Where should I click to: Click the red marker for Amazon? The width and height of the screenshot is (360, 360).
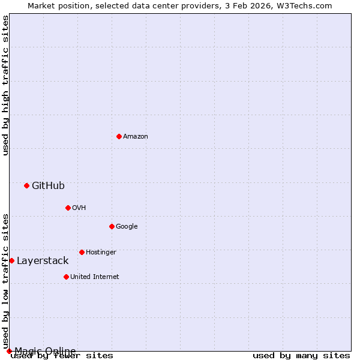coord(119,136)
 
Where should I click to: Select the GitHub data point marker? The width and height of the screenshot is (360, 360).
coord(26,185)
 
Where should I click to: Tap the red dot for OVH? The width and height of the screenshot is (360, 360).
coord(68,208)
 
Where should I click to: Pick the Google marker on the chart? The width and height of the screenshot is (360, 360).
coord(112,226)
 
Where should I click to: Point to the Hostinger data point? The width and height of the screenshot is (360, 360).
coord(82,252)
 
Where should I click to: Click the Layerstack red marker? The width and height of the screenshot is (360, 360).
coord(11,260)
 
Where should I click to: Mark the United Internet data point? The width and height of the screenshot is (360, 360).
coord(66,277)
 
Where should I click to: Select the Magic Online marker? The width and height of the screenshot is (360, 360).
coord(9,351)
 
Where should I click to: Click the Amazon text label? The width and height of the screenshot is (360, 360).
coord(136,136)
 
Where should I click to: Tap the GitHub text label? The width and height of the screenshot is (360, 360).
coord(48,185)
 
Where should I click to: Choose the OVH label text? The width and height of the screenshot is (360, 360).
coord(79,208)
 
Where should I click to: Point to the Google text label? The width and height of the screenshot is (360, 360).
coord(127,226)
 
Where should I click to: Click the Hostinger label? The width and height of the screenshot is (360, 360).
coord(101,252)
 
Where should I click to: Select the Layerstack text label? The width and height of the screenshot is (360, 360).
coord(43,260)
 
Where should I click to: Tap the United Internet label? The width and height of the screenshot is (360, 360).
coord(95,277)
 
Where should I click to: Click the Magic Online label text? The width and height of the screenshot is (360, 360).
coord(45,351)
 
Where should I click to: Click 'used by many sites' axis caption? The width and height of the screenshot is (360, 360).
coord(301,356)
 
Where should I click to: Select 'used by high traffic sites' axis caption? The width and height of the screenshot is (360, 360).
coord(6,85)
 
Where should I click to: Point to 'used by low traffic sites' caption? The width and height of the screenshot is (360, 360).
coord(6,281)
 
